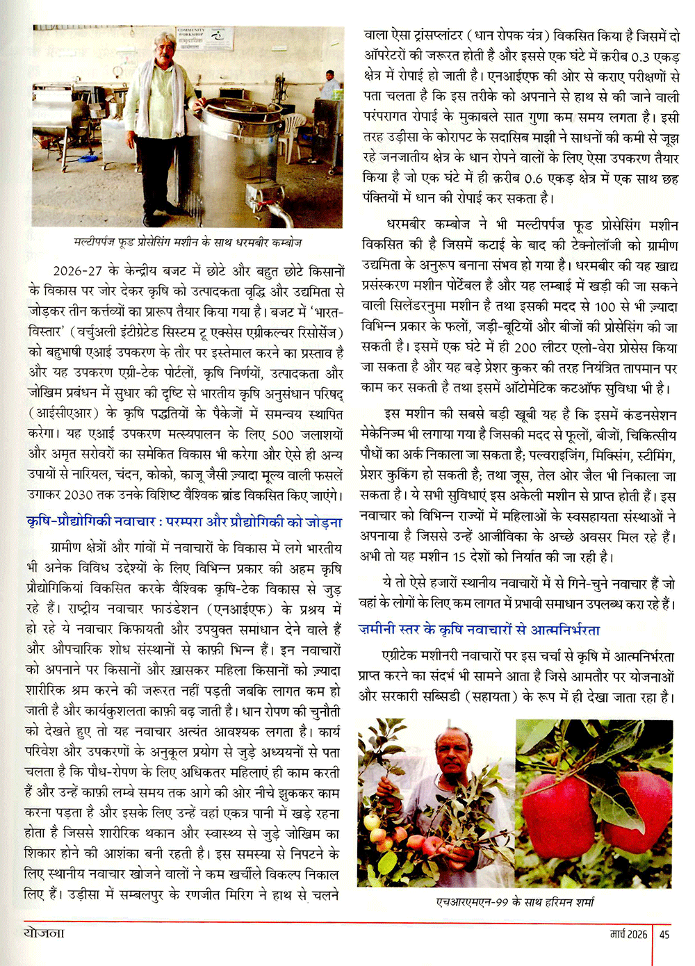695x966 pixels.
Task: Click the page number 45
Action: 664,935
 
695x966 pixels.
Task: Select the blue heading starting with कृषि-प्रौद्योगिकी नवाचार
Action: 184,522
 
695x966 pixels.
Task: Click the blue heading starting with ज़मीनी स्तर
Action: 480,630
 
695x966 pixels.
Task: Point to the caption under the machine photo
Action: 188,243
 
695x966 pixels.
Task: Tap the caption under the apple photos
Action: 515,902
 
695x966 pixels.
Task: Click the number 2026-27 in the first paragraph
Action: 78,271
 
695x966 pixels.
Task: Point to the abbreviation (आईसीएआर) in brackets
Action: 60,414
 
